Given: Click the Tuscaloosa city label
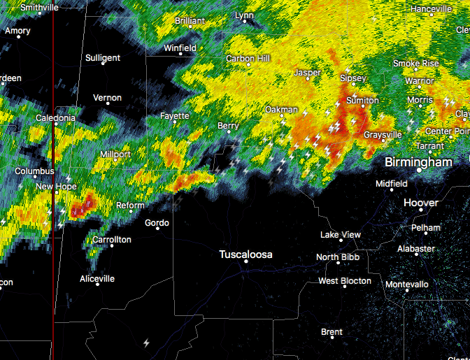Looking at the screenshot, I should click(x=245, y=254).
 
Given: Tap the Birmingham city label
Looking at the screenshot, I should click(x=418, y=162).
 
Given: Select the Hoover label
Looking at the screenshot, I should click(x=421, y=203).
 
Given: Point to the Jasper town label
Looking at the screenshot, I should click(x=308, y=72).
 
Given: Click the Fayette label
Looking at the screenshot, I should click(x=174, y=115).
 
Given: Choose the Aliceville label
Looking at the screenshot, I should click(x=97, y=279).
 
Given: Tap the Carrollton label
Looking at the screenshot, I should click(x=112, y=240).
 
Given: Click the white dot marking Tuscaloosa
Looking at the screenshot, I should click(x=245, y=261).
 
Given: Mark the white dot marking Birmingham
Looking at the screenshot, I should click(x=419, y=170).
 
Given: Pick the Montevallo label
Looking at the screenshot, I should click(x=406, y=285).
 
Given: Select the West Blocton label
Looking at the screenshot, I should click(x=345, y=281).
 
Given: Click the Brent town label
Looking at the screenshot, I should click(x=332, y=332).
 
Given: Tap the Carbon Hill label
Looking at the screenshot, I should click(x=248, y=58).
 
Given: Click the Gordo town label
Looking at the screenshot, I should click(x=157, y=223).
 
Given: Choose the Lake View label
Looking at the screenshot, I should click(x=341, y=235).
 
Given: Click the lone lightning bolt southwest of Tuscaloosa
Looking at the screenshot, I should click(x=146, y=343).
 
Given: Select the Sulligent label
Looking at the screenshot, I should click(x=103, y=58).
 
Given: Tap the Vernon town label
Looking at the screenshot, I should click(x=107, y=98).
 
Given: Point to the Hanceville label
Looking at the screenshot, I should click(x=432, y=9).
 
